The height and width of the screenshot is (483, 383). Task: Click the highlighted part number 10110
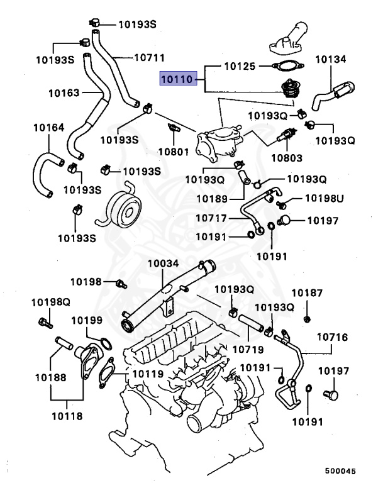click(x=177, y=80)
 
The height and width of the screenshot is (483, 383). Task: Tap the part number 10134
click(x=331, y=60)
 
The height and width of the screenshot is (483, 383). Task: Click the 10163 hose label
click(x=65, y=94)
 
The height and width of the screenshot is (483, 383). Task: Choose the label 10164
click(x=48, y=128)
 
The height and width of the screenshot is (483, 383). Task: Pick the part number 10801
click(x=173, y=151)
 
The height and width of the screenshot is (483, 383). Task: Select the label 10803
click(x=286, y=157)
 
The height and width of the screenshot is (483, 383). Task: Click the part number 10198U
click(x=325, y=199)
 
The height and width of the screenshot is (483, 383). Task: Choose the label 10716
click(x=331, y=338)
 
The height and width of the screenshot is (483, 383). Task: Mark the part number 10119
click(x=148, y=374)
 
